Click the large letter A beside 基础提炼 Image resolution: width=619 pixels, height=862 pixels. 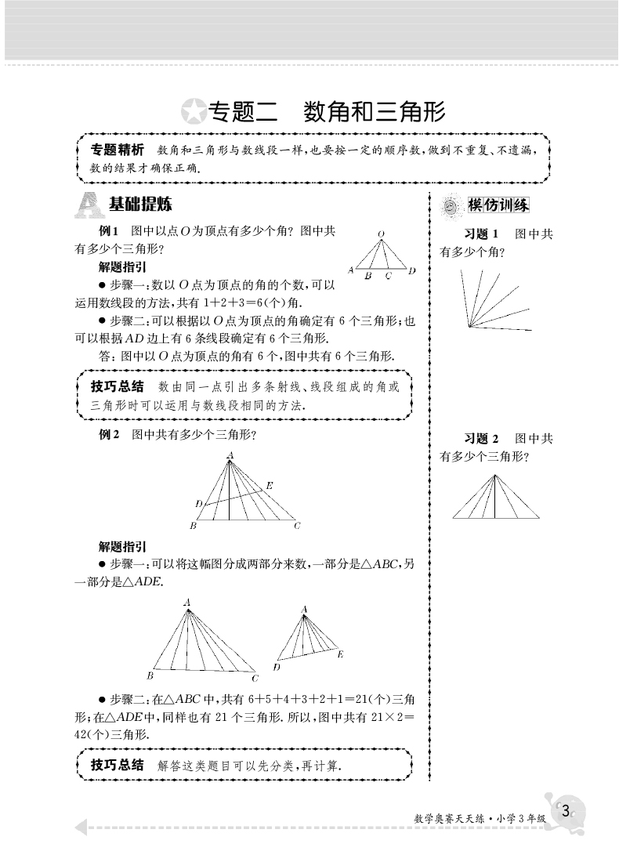pos(89,205)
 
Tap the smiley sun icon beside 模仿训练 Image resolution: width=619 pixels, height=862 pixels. pos(450,206)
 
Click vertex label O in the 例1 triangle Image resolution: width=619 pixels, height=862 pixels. pos(381,234)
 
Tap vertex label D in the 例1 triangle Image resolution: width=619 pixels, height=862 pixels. pos(412,270)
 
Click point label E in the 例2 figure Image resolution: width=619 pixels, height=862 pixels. pos(270,486)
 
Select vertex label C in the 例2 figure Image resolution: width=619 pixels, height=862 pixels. pos(298,526)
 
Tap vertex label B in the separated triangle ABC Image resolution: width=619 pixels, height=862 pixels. pos(149,675)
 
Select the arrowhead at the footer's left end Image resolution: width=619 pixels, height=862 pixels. pos(79,828)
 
